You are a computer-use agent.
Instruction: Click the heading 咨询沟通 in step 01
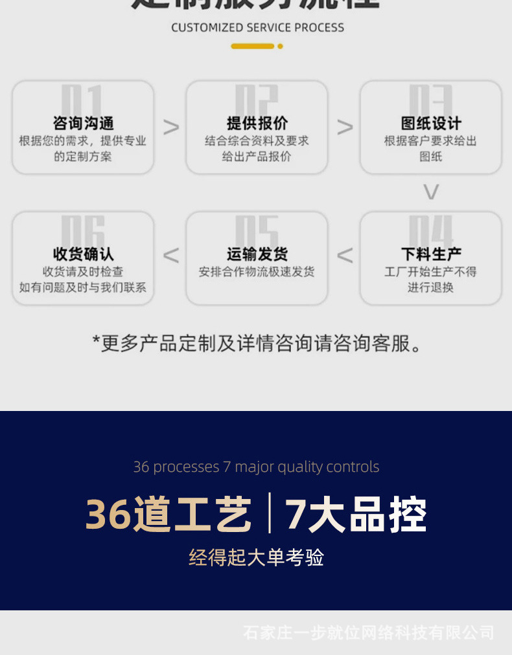83,123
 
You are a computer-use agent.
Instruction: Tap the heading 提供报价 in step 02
257,123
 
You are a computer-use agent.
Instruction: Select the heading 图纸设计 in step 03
431,123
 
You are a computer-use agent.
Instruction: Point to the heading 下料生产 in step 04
431,254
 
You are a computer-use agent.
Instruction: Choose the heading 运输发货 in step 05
257,254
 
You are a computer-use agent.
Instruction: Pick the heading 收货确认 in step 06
83,254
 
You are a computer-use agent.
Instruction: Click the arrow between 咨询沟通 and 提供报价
171,127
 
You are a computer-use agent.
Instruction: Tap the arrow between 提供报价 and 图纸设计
345,127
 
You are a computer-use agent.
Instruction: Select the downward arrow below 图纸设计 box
431,192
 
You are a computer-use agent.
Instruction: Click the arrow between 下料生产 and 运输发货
345,256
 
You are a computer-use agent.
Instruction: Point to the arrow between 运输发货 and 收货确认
171,256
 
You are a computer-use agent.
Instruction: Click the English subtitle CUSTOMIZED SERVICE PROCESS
257,28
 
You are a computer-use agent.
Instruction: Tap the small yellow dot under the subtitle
280,46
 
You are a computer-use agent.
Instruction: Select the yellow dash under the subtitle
252,46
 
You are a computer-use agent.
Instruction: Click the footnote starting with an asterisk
257,343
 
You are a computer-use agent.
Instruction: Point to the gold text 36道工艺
169,515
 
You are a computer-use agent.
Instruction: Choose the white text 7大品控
356,515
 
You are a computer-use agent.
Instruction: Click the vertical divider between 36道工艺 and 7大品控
269,513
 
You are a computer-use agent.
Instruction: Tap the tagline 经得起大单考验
257,557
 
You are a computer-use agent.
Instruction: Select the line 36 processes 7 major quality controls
256,467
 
